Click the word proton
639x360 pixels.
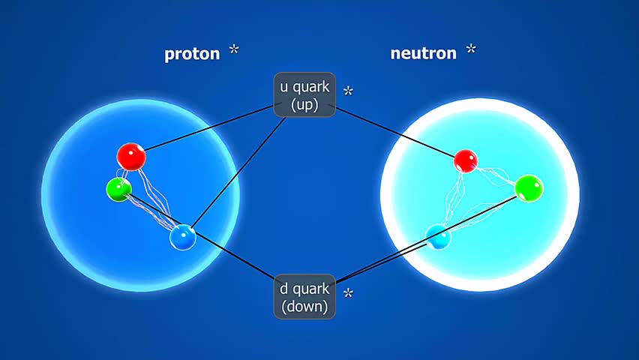[192, 54]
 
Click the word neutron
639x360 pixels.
[423, 53]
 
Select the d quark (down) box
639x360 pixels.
[304, 297]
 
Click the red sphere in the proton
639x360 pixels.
[132, 157]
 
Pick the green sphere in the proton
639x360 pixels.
[118, 188]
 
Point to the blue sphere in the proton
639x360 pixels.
[182, 238]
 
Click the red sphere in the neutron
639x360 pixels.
[466, 160]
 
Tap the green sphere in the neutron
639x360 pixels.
[529, 187]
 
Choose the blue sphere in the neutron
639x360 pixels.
[439, 238]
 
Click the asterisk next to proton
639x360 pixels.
[235, 50]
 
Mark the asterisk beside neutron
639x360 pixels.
[470, 49]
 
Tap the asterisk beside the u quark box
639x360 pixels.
[348, 92]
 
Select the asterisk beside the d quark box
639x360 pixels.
[348, 293]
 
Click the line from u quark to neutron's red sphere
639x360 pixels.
[397, 131]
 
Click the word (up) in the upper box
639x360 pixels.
[304, 105]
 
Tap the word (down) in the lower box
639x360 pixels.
[304, 307]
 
